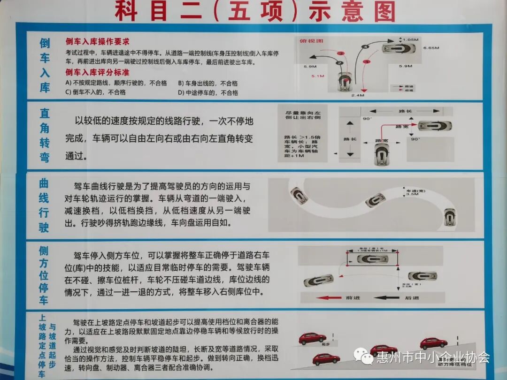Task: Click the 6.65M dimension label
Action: (430, 48)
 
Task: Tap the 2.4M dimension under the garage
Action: (357, 95)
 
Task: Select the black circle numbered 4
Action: (365, 46)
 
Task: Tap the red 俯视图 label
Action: (311, 41)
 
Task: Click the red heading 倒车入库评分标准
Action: (97, 72)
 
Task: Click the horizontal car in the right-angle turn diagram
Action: (435, 126)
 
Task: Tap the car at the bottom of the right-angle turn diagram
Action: (382, 154)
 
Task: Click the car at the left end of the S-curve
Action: (299, 195)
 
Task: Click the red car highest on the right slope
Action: (433, 343)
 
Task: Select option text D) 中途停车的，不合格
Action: (208, 92)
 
